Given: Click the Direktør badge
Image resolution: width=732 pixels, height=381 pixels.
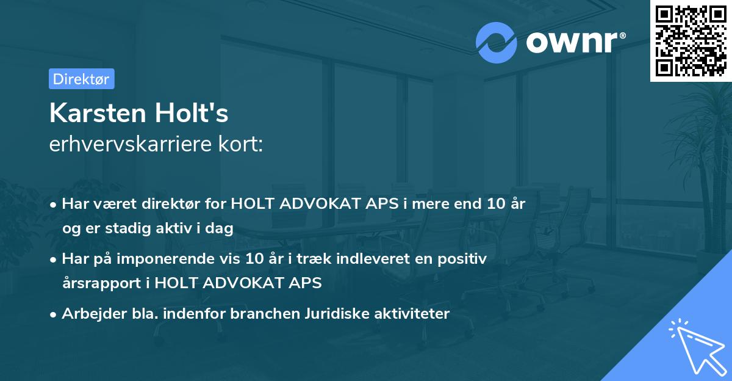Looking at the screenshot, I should coord(81,79).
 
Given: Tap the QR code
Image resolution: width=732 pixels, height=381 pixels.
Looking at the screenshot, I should coord(691,40).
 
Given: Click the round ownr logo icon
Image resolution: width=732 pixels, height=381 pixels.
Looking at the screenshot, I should coord(496,42).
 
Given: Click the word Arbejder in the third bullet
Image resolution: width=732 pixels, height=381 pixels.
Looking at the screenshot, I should coord(88,314).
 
